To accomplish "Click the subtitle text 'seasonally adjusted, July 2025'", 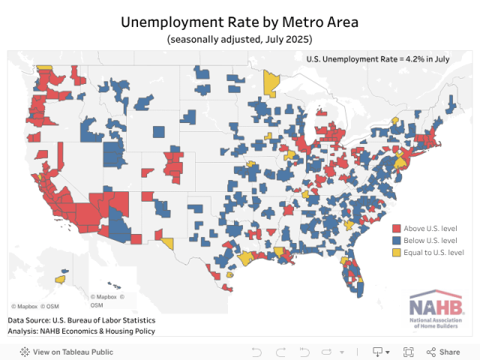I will point(240,38).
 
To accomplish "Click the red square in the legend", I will point(396,227).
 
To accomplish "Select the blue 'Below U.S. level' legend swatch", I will point(396,240).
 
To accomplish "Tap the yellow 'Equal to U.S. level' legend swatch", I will point(396,253).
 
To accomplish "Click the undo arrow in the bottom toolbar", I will point(256,352).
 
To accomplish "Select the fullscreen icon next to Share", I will point(409,352).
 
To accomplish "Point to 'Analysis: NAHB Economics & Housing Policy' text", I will point(81,331).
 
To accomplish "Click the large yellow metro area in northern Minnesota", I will point(271,82).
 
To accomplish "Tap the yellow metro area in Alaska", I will point(59,280).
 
